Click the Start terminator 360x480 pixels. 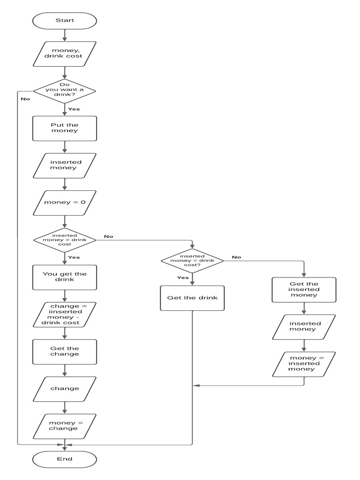click(65, 21)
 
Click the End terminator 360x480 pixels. click(65, 459)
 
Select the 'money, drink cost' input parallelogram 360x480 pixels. click(65, 53)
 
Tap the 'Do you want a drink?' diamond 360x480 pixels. click(65, 90)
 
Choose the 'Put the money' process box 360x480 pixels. click(65, 128)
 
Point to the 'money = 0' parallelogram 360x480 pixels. click(65, 202)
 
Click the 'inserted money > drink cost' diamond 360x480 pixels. click(65, 240)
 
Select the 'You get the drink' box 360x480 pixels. click(65, 277)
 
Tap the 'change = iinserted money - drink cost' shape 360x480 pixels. click(65, 315)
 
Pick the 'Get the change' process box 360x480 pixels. click(65, 352)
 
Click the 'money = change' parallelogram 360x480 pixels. click(65, 426)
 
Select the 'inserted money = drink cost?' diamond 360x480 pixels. click(192, 261)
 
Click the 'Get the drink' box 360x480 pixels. click(192, 298)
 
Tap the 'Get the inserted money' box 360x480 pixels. click(304, 289)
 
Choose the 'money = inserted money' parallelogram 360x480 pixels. click(304, 364)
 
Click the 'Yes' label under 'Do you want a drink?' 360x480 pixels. click(74, 109)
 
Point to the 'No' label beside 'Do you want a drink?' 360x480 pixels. click(25, 99)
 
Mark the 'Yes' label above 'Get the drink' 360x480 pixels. click(183, 277)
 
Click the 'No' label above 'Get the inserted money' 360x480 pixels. click(236, 257)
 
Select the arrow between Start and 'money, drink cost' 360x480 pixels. click(65, 35)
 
